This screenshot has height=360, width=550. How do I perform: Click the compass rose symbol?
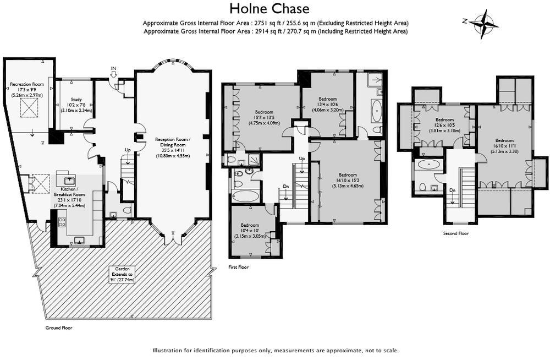point(484,24)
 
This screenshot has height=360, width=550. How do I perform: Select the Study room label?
point(76,105)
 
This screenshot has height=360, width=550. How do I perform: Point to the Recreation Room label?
point(27,90)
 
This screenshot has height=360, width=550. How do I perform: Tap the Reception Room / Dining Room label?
point(173,147)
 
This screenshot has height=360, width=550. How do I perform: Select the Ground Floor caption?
point(59,328)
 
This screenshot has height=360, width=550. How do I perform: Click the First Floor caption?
point(238,268)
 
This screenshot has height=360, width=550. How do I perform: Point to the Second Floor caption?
point(455,233)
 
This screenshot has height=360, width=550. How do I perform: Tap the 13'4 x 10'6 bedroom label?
point(328,104)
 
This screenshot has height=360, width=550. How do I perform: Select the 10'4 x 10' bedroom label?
point(250,230)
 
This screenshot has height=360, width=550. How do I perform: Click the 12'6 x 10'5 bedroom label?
point(444,125)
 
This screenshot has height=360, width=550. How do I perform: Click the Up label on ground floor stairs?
point(128,150)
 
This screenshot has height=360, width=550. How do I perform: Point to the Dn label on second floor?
point(453,190)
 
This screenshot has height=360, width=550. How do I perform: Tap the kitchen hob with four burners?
point(62,222)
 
